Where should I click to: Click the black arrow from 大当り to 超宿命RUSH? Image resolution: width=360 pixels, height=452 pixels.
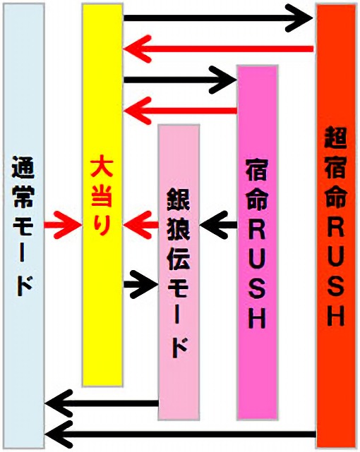point(218,18)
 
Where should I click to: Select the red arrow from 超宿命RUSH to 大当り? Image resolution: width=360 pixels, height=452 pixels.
point(218,49)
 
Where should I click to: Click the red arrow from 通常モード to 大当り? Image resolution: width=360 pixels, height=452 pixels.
point(63,224)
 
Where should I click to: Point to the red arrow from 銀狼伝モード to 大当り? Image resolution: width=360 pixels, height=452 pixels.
point(141,224)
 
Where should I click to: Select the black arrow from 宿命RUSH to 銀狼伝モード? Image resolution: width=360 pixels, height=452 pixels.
point(218,225)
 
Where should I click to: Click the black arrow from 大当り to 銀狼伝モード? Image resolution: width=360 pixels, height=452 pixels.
point(141,284)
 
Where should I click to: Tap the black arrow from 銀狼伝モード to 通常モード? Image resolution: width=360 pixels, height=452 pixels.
point(102,403)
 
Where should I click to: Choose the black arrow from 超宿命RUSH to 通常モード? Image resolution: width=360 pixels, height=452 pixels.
point(181,434)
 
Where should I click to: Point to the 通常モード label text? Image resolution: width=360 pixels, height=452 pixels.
point(23,226)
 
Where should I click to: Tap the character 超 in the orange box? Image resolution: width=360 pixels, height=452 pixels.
point(335,138)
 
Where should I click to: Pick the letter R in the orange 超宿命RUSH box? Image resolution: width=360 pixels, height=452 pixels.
point(336,227)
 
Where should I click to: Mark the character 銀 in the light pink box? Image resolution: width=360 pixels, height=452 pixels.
point(179,200)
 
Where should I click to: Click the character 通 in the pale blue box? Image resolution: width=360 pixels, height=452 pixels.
point(23,167)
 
